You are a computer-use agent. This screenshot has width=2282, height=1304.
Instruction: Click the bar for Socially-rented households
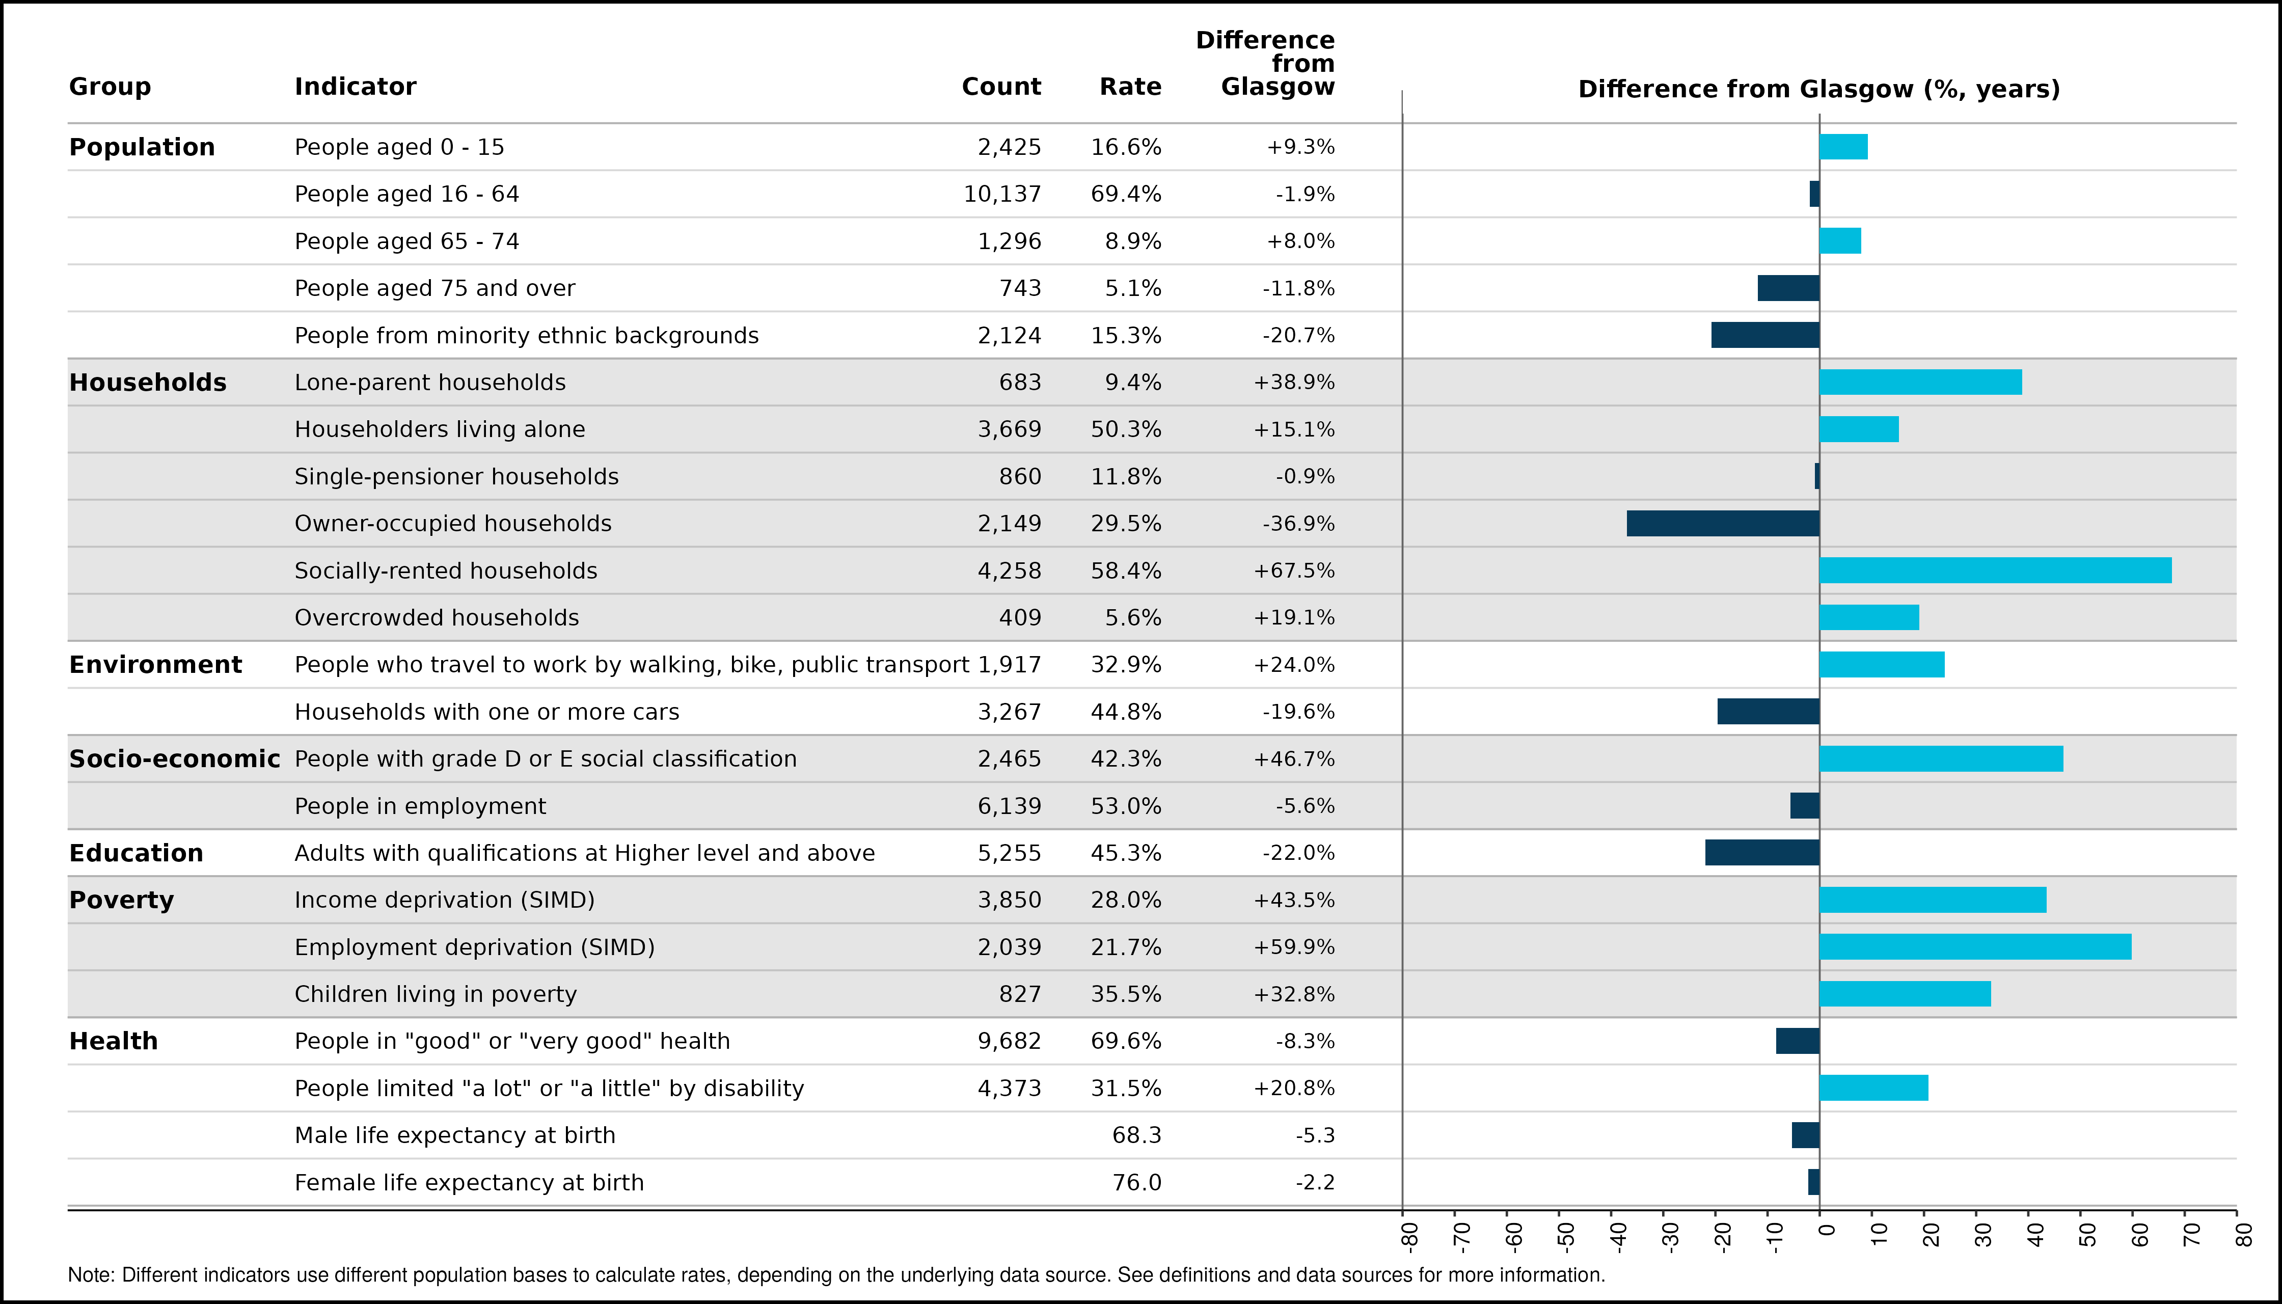pyautogui.click(x=1995, y=570)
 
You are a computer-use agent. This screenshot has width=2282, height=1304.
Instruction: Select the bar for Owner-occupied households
pyautogui.click(x=1723, y=523)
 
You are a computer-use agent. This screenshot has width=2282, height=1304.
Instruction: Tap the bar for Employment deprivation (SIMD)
pyautogui.click(x=1976, y=946)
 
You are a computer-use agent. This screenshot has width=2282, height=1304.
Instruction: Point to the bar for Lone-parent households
pyautogui.click(x=1921, y=383)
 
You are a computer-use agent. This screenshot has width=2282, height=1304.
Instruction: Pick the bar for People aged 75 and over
pyautogui.click(x=1788, y=288)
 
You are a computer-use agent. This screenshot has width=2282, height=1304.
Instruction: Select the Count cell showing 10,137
pyautogui.click(x=1002, y=195)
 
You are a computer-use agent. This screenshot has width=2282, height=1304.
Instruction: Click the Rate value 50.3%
pyautogui.click(x=1126, y=429)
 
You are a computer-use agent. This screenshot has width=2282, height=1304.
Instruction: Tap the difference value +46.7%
pyautogui.click(x=1294, y=758)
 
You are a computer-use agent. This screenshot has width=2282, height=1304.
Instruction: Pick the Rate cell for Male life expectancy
pyautogui.click(x=1136, y=1135)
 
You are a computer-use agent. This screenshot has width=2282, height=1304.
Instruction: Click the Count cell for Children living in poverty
pyautogui.click(x=1020, y=994)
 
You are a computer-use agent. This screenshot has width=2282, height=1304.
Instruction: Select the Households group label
pyautogui.click(x=148, y=383)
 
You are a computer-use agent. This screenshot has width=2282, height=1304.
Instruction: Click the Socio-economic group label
pyautogui.click(x=175, y=758)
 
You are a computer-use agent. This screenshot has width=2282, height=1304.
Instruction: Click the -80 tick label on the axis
pyautogui.click(x=1409, y=1236)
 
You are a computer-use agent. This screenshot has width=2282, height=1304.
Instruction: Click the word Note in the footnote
pyautogui.click(x=90, y=1274)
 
